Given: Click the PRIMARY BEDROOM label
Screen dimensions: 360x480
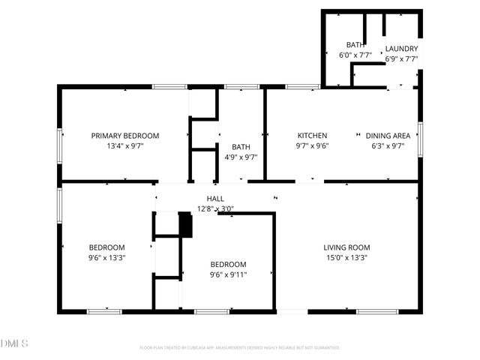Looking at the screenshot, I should [x=125, y=136].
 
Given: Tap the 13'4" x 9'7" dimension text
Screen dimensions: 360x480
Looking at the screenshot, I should [x=125, y=146].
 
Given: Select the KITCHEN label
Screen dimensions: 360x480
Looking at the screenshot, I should [x=313, y=136].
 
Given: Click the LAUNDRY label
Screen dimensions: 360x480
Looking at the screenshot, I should [x=401, y=49].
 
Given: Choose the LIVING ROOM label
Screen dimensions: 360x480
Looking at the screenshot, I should [x=346, y=247].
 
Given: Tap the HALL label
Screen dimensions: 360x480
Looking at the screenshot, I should [x=215, y=199].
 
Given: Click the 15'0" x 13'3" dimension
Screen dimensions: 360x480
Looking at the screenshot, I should [x=346, y=258].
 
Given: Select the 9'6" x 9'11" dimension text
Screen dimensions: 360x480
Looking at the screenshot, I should [x=228, y=274].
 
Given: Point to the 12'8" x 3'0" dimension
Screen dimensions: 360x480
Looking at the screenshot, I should [x=215, y=208].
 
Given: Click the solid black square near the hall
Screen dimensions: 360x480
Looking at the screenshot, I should [x=185, y=225].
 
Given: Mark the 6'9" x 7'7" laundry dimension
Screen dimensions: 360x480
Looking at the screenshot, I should [x=401, y=58].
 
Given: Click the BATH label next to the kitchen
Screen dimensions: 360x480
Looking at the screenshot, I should [x=241, y=147].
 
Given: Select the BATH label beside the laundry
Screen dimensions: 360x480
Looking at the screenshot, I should [x=355, y=45].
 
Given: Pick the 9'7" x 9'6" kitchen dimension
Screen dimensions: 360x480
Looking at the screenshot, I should [x=313, y=146].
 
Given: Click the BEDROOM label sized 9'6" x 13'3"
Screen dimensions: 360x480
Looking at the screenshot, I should [x=107, y=247].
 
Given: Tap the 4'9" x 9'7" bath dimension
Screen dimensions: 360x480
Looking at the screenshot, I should [x=241, y=157].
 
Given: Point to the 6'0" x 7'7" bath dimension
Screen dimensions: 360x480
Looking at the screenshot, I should [x=355, y=55].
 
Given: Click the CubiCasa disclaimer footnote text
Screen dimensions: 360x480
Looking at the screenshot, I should [x=240, y=348].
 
